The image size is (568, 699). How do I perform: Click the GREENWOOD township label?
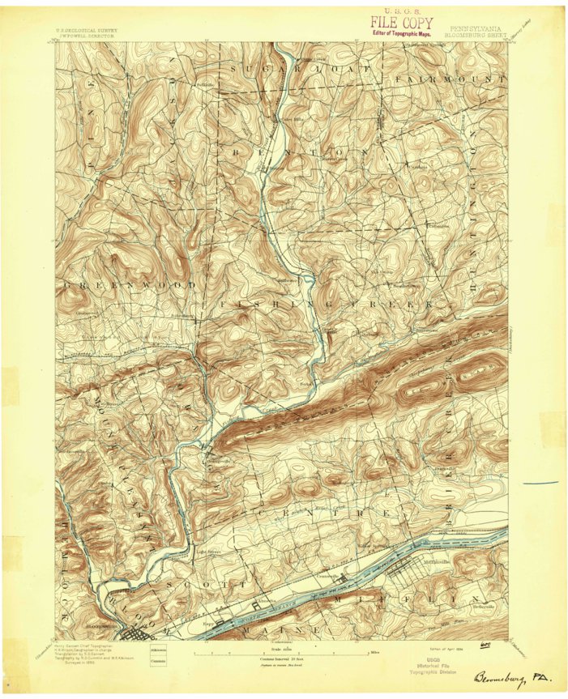tap(129, 286)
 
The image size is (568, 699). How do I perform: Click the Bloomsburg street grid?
tap(130, 632)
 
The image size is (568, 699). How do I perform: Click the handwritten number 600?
tap(485, 646)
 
